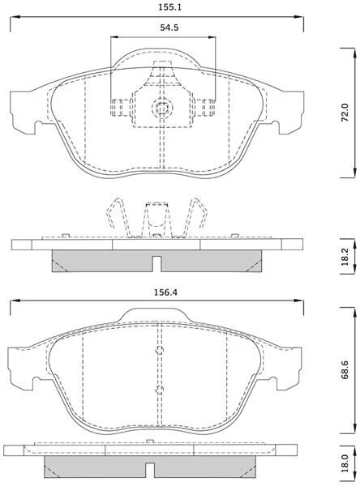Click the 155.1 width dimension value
169,7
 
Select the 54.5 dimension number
169,28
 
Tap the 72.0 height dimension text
345,113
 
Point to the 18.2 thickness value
345,256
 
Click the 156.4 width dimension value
165,292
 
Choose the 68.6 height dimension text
345,370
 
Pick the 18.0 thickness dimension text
345,464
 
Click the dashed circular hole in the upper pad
161,108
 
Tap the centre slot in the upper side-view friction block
157,264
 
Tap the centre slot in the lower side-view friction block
150,470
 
